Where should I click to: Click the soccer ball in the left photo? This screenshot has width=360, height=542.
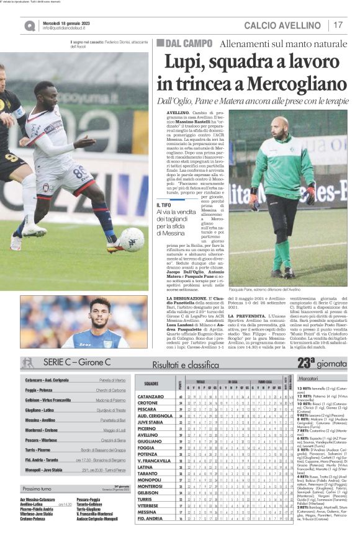(x=132, y=239)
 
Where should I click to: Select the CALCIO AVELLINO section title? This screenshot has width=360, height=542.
(x=286, y=25)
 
